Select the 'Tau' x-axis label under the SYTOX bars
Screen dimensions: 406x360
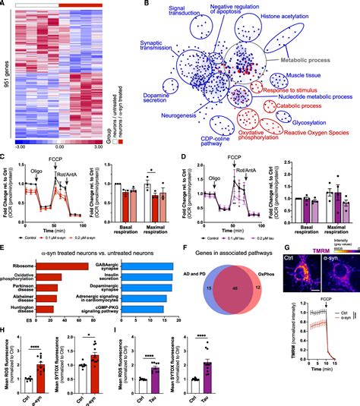pos(254,400)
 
